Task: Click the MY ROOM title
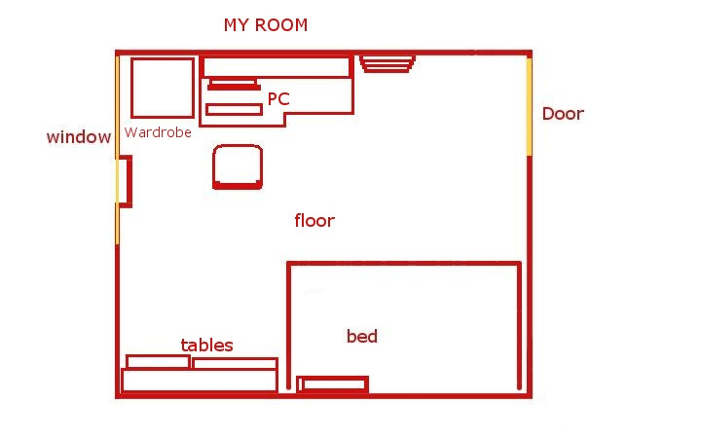pyautogui.click(x=266, y=25)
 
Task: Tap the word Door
pyautogui.click(x=563, y=114)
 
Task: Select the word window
pyautogui.click(x=79, y=137)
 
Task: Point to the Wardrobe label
pyautogui.click(x=158, y=132)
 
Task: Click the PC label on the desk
pyautogui.click(x=278, y=98)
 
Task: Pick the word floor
pyautogui.click(x=314, y=220)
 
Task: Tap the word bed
pyautogui.click(x=361, y=336)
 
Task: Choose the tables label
pyautogui.click(x=207, y=345)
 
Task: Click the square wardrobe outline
pyautogui.click(x=131, y=88)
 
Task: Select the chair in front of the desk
pyautogui.click(x=238, y=186)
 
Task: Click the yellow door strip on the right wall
pyautogui.click(x=529, y=107)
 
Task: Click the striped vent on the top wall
pyautogui.click(x=387, y=63)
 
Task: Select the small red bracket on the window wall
pyautogui.click(x=129, y=181)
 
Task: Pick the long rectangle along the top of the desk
pyautogui.click(x=277, y=57)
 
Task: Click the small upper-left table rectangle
pyautogui.click(x=158, y=356)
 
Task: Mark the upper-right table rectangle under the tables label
pyautogui.click(x=236, y=359)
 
